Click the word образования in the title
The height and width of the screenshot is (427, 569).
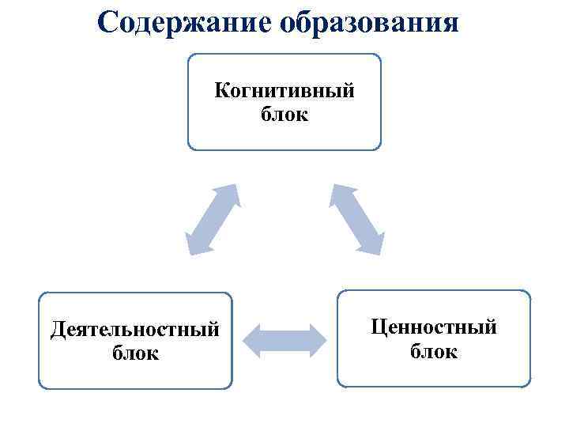[x=368, y=22]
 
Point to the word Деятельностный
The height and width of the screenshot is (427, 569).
[x=134, y=328]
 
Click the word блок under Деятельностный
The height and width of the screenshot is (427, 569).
[x=135, y=352]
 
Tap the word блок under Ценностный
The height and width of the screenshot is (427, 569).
[x=434, y=350]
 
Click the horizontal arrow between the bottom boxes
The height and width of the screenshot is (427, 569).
[x=284, y=339]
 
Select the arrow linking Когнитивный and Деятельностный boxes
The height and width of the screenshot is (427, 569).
[x=212, y=219]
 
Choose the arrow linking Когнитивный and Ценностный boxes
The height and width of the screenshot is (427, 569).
[x=357, y=219]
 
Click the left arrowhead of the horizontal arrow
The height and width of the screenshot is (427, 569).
[x=251, y=339]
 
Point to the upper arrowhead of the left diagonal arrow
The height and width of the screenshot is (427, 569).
[x=230, y=193]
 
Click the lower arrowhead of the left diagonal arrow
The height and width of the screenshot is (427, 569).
[x=194, y=245]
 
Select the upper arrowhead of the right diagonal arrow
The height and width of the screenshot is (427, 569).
[x=339, y=193]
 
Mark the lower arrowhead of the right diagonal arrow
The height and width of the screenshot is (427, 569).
[x=375, y=245]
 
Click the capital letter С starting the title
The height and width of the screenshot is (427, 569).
[x=108, y=22]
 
